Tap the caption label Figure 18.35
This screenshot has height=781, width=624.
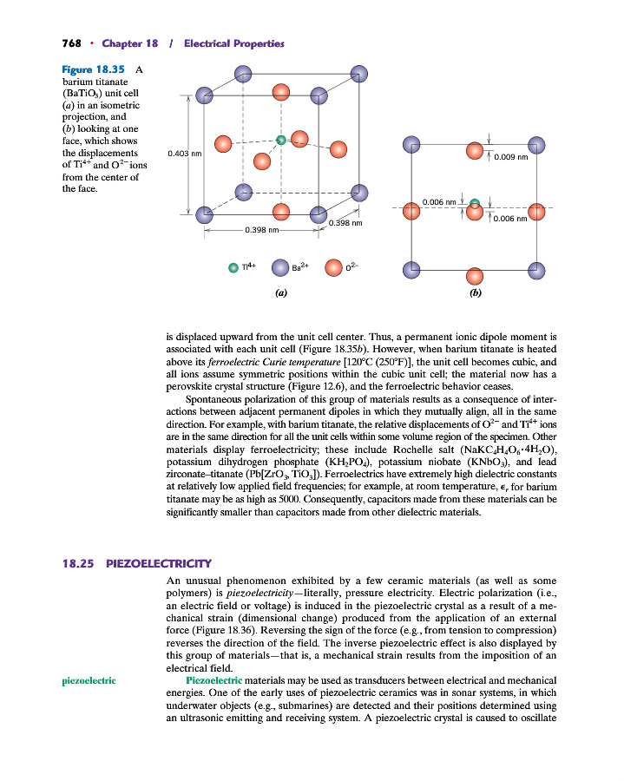94,69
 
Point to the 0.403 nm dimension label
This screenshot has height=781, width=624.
184,154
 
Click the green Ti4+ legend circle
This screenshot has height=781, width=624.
233,267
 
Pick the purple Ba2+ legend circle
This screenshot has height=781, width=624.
279,267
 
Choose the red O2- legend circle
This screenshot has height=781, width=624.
332,267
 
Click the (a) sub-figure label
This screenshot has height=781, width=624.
280,293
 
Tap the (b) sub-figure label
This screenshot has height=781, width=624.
475,293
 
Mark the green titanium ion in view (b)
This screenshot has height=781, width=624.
474,205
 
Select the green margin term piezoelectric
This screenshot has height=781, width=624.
90,681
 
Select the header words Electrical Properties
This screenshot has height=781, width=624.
234,43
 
